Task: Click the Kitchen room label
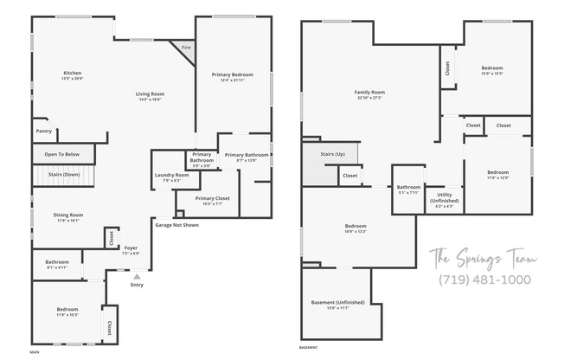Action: tap(73, 73)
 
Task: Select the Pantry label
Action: tap(44, 132)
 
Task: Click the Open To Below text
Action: tap(62, 154)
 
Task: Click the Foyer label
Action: tap(131, 247)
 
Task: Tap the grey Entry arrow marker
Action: tap(136, 275)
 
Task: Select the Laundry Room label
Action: tap(171, 175)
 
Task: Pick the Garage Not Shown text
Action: tap(176, 225)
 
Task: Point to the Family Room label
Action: tap(369, 92)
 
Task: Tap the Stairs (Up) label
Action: tap(333, 153)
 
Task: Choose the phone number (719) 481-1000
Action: tap(484, 280)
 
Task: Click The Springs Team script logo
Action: tap(484, 259)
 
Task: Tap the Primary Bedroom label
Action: tap(232, 74)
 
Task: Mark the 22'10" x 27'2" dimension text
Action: tap(369, 98)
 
